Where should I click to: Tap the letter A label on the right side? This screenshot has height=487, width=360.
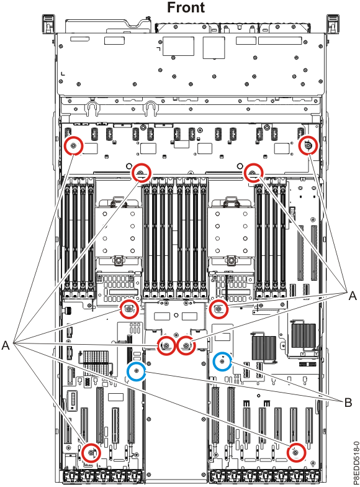pyautogui.click(x=352, y=297)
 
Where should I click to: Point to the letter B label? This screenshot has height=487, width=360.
pyautogui.click(x=348, y=403)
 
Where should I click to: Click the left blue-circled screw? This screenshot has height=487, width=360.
pyautogui.click(x=137, y=371)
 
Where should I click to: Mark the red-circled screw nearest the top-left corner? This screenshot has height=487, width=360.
pyautogui.click(x=74, y=146)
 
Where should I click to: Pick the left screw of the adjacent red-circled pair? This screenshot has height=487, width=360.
pyautogui.click(x=166, y=346)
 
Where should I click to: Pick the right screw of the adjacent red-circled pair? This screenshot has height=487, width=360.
pyautogui.click(x=186, y=346)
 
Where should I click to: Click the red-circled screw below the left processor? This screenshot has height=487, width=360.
pyautogui.click(x=128, y=309)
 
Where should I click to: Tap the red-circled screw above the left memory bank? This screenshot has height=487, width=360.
pyautogui.click(x=141, y=172)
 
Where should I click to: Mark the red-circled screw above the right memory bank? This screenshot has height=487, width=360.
pyautogui.click(x=253, y=172)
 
